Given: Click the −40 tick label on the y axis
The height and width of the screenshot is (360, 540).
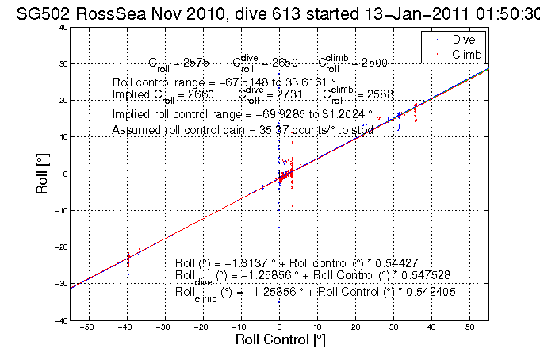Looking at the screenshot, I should (60, 321).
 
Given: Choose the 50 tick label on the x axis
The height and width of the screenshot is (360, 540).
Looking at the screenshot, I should (469, 327).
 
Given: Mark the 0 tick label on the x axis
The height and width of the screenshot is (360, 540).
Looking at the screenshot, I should (278, 327).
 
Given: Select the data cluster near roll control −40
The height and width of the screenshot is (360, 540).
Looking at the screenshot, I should (128, 258).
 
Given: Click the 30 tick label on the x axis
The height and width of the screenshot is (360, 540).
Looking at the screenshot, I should (393, 327).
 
